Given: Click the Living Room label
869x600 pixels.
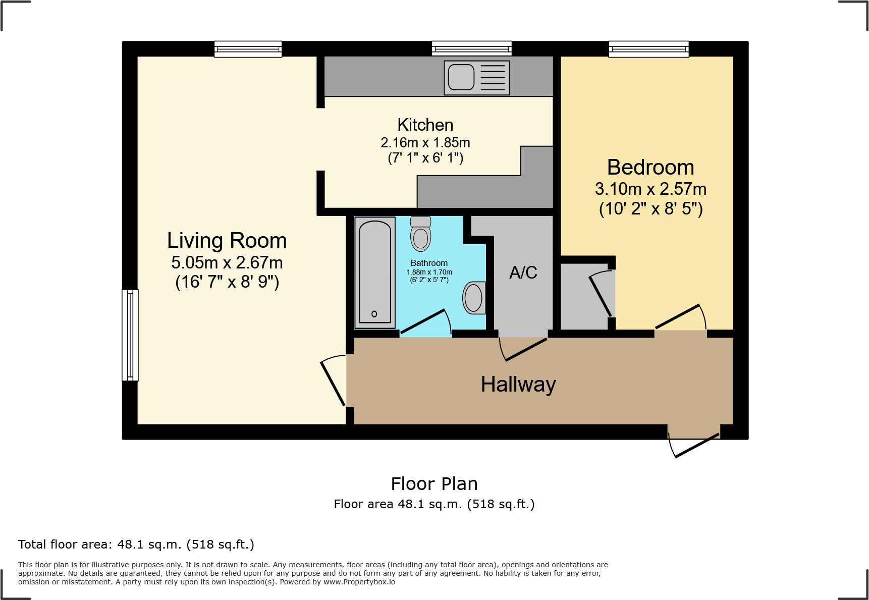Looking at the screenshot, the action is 227,241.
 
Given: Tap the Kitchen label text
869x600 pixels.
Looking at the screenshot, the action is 425,125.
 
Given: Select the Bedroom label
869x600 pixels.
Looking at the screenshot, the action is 650,168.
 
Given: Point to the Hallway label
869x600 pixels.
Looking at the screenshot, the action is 518,385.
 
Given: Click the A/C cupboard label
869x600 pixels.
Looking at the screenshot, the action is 523,272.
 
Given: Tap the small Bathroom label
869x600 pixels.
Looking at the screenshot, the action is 429,263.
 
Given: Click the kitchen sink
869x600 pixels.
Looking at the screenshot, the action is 476,78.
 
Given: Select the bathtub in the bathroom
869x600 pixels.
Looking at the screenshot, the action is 375,272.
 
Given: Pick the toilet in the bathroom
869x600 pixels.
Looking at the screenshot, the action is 420,234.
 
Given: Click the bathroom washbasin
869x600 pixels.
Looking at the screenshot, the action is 474,298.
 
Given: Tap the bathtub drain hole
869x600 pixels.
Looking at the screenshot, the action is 374,314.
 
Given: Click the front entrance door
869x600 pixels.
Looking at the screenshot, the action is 694,442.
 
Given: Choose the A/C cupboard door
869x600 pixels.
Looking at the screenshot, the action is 523,348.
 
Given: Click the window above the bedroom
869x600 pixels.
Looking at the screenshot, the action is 648,49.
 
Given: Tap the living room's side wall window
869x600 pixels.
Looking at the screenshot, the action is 130,335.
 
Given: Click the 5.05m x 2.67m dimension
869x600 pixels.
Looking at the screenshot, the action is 227,262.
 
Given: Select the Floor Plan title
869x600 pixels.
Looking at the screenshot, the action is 434,484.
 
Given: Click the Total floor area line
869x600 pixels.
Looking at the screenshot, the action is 136,544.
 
